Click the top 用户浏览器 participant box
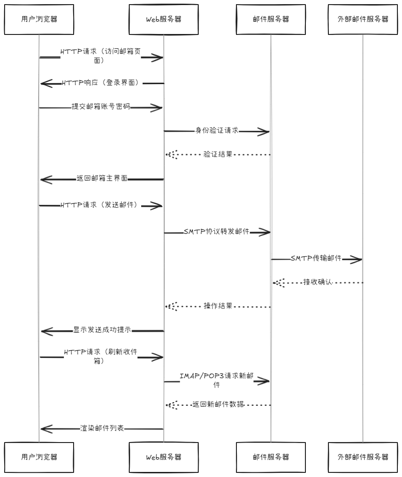tap(40, 19)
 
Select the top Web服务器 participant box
tap(163, 19)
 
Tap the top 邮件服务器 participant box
tap(270, 19)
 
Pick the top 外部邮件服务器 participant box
tap(362, 19)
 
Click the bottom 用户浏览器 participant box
tap(40, 457)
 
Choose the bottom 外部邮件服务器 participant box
tap(362, 457)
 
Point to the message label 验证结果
tap(218, 154)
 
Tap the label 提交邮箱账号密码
tap(101, 107)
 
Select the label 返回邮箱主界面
tap(102, 179)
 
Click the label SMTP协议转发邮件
tap(216, 232)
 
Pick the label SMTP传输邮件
tap(316, 258)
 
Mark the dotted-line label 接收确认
tap(317, 282)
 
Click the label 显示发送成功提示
tap(102, 330)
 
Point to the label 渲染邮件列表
tap(102, 428)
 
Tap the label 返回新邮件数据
tap(218, 404)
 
